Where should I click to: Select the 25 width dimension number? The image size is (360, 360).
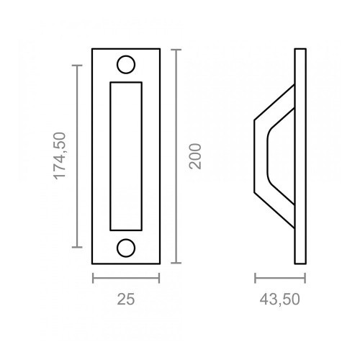[x=125, y=297]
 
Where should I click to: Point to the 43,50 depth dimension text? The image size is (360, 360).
[x=280, y=297]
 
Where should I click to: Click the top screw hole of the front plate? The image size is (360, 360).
[x=125, y=64]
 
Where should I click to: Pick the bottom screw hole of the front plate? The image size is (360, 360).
[x=125, y=247]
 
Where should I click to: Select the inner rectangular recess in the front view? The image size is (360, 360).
[x=125, y=155]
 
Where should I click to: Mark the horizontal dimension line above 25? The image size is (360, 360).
[x=125, y=279]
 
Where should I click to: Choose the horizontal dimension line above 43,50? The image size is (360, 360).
[x=280, y=279]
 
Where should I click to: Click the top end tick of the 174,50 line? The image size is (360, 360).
[x=77, y=65]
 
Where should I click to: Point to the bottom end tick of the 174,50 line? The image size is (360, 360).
[x=77, y=246]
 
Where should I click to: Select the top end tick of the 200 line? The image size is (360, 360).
[x=178, y=48]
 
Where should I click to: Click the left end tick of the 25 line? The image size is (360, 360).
[x=93, y=279]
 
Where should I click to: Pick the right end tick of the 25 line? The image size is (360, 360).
[x=158, y=279]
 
